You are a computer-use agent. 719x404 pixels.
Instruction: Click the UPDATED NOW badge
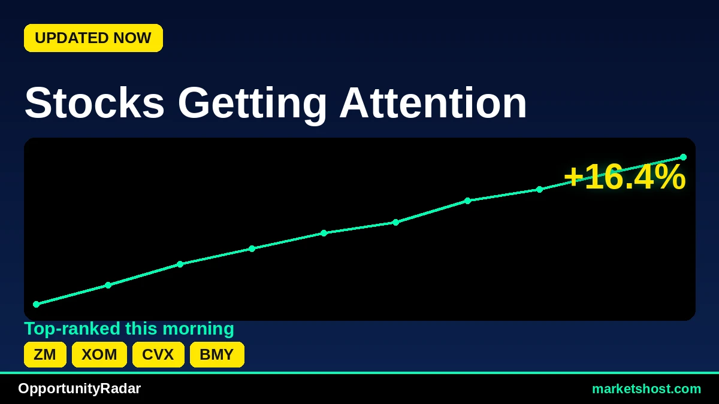93,38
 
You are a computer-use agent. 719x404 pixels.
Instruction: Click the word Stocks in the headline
95,103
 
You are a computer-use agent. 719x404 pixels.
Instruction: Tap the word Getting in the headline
252,104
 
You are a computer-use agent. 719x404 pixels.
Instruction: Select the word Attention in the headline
433,103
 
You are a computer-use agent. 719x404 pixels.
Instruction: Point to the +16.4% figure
624,177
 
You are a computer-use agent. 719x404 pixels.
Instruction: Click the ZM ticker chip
46,354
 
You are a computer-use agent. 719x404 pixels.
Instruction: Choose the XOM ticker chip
99,354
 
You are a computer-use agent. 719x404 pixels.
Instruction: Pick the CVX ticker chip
158,354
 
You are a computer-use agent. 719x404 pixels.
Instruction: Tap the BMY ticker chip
217,354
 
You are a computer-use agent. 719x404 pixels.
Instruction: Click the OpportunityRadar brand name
79,388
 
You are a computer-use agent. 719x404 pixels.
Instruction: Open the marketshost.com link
647,389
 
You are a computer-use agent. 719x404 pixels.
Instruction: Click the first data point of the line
37,304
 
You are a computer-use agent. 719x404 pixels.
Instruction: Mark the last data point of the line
684,157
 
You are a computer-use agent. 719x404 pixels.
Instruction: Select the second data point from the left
108,285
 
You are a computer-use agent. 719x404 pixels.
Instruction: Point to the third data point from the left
180,264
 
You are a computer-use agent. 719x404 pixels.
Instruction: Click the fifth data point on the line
324,233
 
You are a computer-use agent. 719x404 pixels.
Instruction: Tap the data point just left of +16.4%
540,190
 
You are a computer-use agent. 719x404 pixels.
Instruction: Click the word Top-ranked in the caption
72,329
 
